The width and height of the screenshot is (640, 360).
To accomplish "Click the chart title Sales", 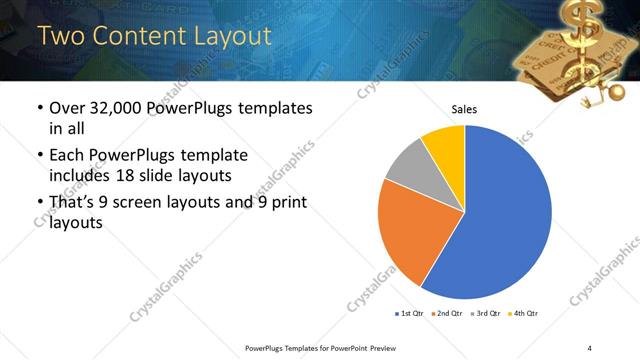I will point(465,109).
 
